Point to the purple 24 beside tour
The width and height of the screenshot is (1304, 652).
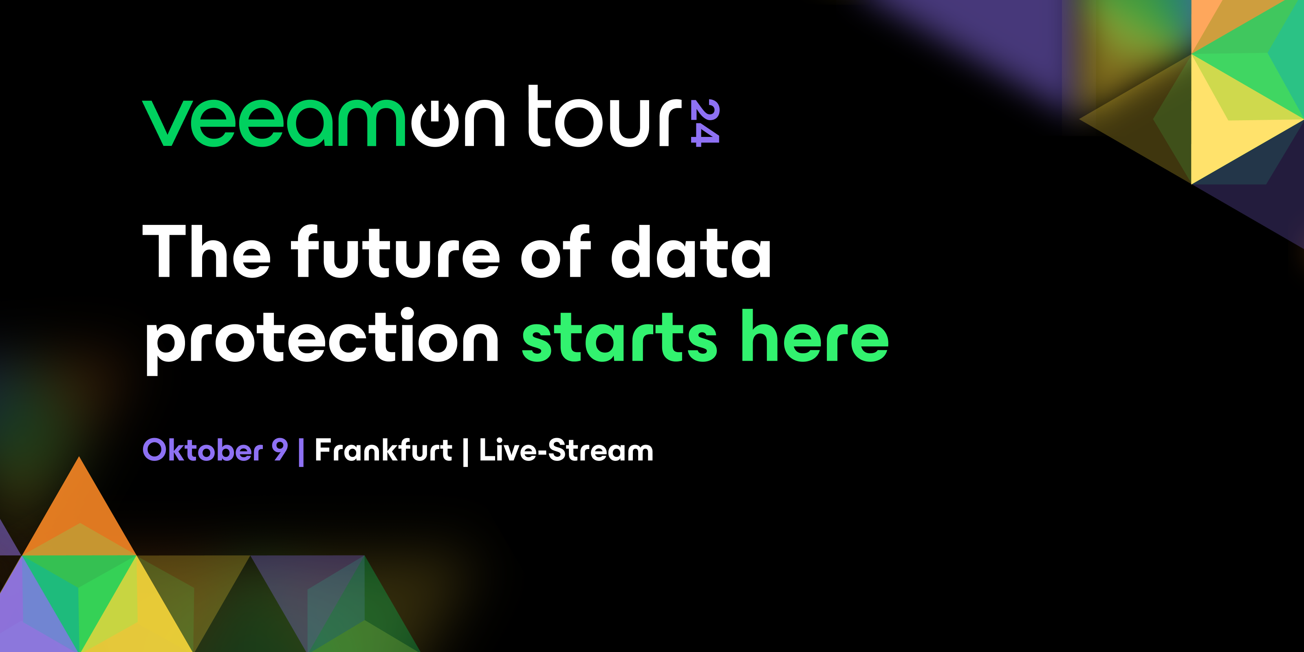pos(705,123)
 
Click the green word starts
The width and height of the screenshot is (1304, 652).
pos(619,338)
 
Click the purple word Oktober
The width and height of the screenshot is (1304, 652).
pos(203,450)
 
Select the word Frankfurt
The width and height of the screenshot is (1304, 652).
pos(383,450)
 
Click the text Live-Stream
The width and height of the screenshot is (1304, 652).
pos(566,450)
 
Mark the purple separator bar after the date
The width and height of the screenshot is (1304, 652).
pos(302,452)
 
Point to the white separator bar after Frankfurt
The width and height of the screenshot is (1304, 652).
pos(465,452)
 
